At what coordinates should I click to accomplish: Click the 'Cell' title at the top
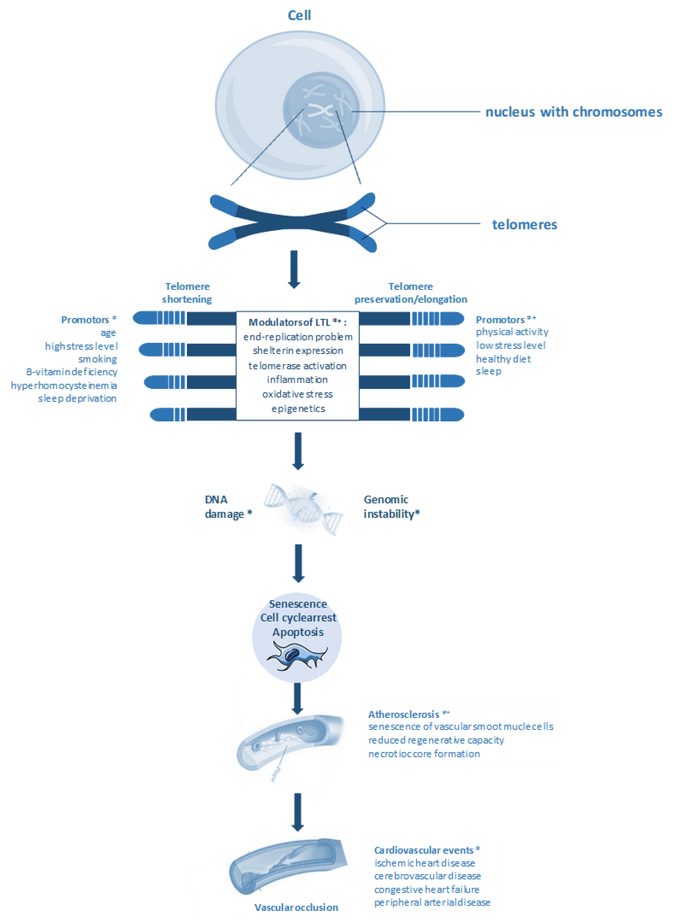coord(299,15)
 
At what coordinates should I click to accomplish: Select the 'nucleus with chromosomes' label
coord(573,112)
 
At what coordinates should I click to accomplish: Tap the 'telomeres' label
coord(524,225)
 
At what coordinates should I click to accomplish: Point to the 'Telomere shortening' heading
coord(187,292)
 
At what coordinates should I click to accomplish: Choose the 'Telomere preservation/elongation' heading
coord(411,292)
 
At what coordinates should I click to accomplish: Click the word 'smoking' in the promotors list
coord(97,359)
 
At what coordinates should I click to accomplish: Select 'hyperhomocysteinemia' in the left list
coord(64,386)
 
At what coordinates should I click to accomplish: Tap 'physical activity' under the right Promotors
coord(512,332)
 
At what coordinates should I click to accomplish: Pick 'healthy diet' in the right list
coord(503,359)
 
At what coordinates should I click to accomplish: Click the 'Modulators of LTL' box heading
coord(297,322)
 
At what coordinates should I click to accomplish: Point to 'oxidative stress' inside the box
coord(298,394)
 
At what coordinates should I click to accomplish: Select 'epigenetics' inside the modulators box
coord(298,409)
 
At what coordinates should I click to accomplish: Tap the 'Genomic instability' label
coord(391,507)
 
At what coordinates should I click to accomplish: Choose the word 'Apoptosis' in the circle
coord(298,632)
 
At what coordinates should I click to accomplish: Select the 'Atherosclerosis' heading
coord(404,714)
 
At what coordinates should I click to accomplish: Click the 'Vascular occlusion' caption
coord(296,907)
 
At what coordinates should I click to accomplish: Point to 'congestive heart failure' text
coord(427,889)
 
